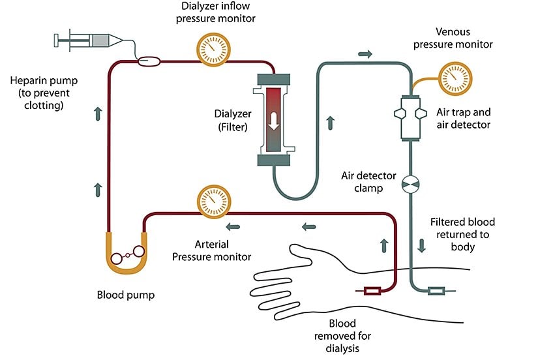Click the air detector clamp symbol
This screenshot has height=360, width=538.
click(x=411, y=185)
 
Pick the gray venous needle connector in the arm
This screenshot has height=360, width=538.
click(x=436, y=290)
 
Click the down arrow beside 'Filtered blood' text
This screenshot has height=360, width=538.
click(x=422, y=246)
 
